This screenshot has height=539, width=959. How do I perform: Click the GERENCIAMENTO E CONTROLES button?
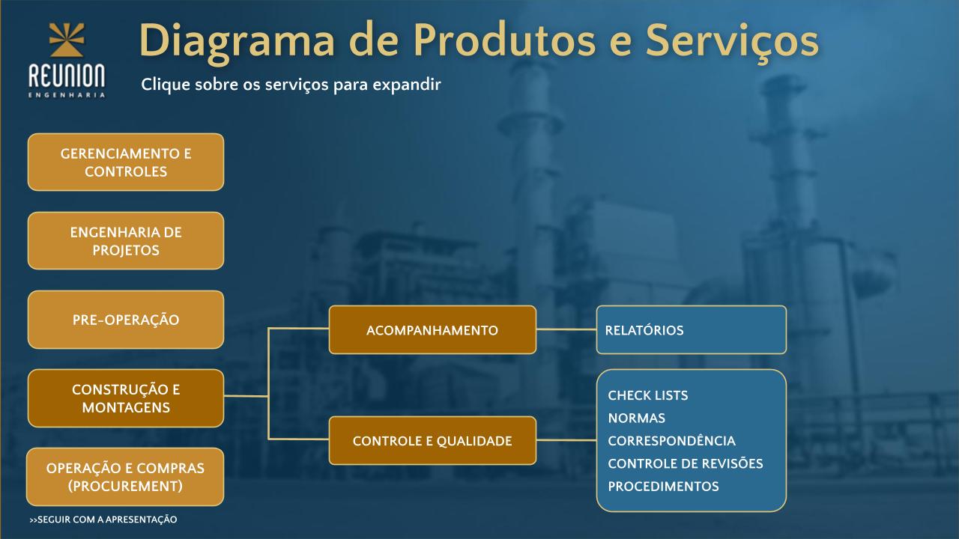pyautogui.click(x=126, y=162)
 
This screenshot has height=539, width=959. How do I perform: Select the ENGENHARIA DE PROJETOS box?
pyautogui.click(x=126, y=241)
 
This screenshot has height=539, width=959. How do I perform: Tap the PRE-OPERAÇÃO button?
pyautogui.click(x=126, y=320)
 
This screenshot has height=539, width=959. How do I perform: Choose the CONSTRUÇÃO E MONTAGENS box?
pyautogui.click(x=126, y=398)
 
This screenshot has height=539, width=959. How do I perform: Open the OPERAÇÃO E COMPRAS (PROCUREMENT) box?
pyautogui.click(x=125, y=477)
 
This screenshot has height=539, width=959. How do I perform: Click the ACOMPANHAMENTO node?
pyautogui.click(x=432, y=330)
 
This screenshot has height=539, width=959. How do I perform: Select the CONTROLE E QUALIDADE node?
pyautogui.click(x=432, y=441)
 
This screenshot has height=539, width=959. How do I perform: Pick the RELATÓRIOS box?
pyautogui.click(x=692, y=330)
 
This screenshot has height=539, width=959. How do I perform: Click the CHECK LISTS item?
pyautogui.click(x=648, y=395)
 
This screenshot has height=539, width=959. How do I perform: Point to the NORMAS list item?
pyautogui.click(x=637, y=418)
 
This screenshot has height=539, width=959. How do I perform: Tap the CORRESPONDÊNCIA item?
pyautogui.click(x=672, y=441)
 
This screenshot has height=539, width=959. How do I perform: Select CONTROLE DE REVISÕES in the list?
pyautogui.click(x=686, y=463)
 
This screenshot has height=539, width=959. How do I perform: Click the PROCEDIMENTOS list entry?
pyautogui.click(x=663, y=487)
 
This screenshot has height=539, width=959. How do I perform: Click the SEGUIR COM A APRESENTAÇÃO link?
pyautogui.click(x=103, y=520)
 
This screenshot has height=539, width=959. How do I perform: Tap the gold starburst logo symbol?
pyautogui.click(x=67, y=40)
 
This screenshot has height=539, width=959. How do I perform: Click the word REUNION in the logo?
pyautogui.click(x=67, y=76)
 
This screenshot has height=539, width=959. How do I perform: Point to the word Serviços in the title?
pyautogui.click(x=732, y=41)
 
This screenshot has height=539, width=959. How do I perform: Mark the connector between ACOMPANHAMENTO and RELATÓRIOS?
pyautogui.click(x=566, y=329)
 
